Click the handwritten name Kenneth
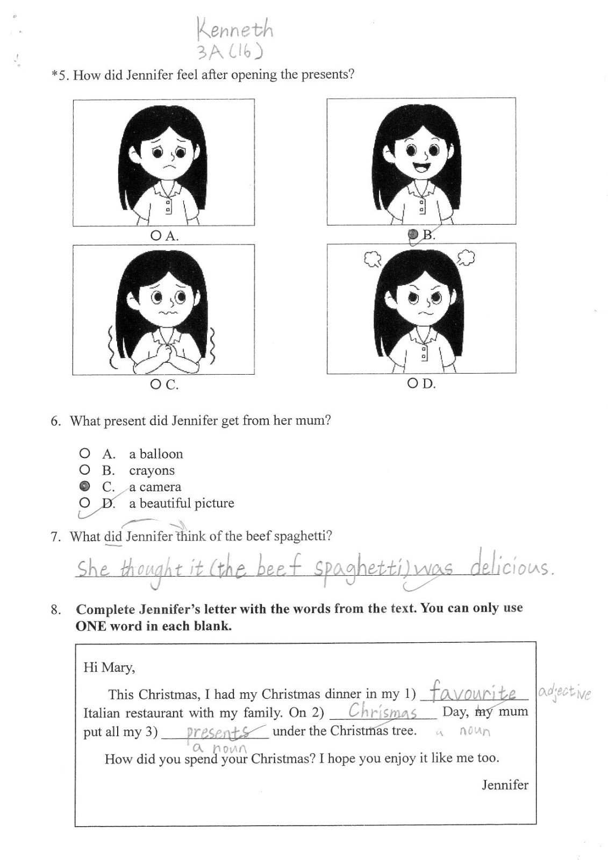tap(235, 29)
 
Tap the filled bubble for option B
tap(413, 234)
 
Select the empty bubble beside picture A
tap(155, 235)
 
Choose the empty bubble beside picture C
tap(155, 384)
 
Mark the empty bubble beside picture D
tap(412, 383)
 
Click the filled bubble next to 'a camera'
tap(84, 486)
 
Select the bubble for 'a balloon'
tap(84, 454)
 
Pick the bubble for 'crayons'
tap(84, 470)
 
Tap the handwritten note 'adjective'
tap(564, 693)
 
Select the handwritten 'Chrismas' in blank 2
tap(382, 712)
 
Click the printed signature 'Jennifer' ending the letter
tap(505, 785)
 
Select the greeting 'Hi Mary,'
tap(109, 667)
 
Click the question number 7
tap(56, 536)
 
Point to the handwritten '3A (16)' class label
tap(231, 52)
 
